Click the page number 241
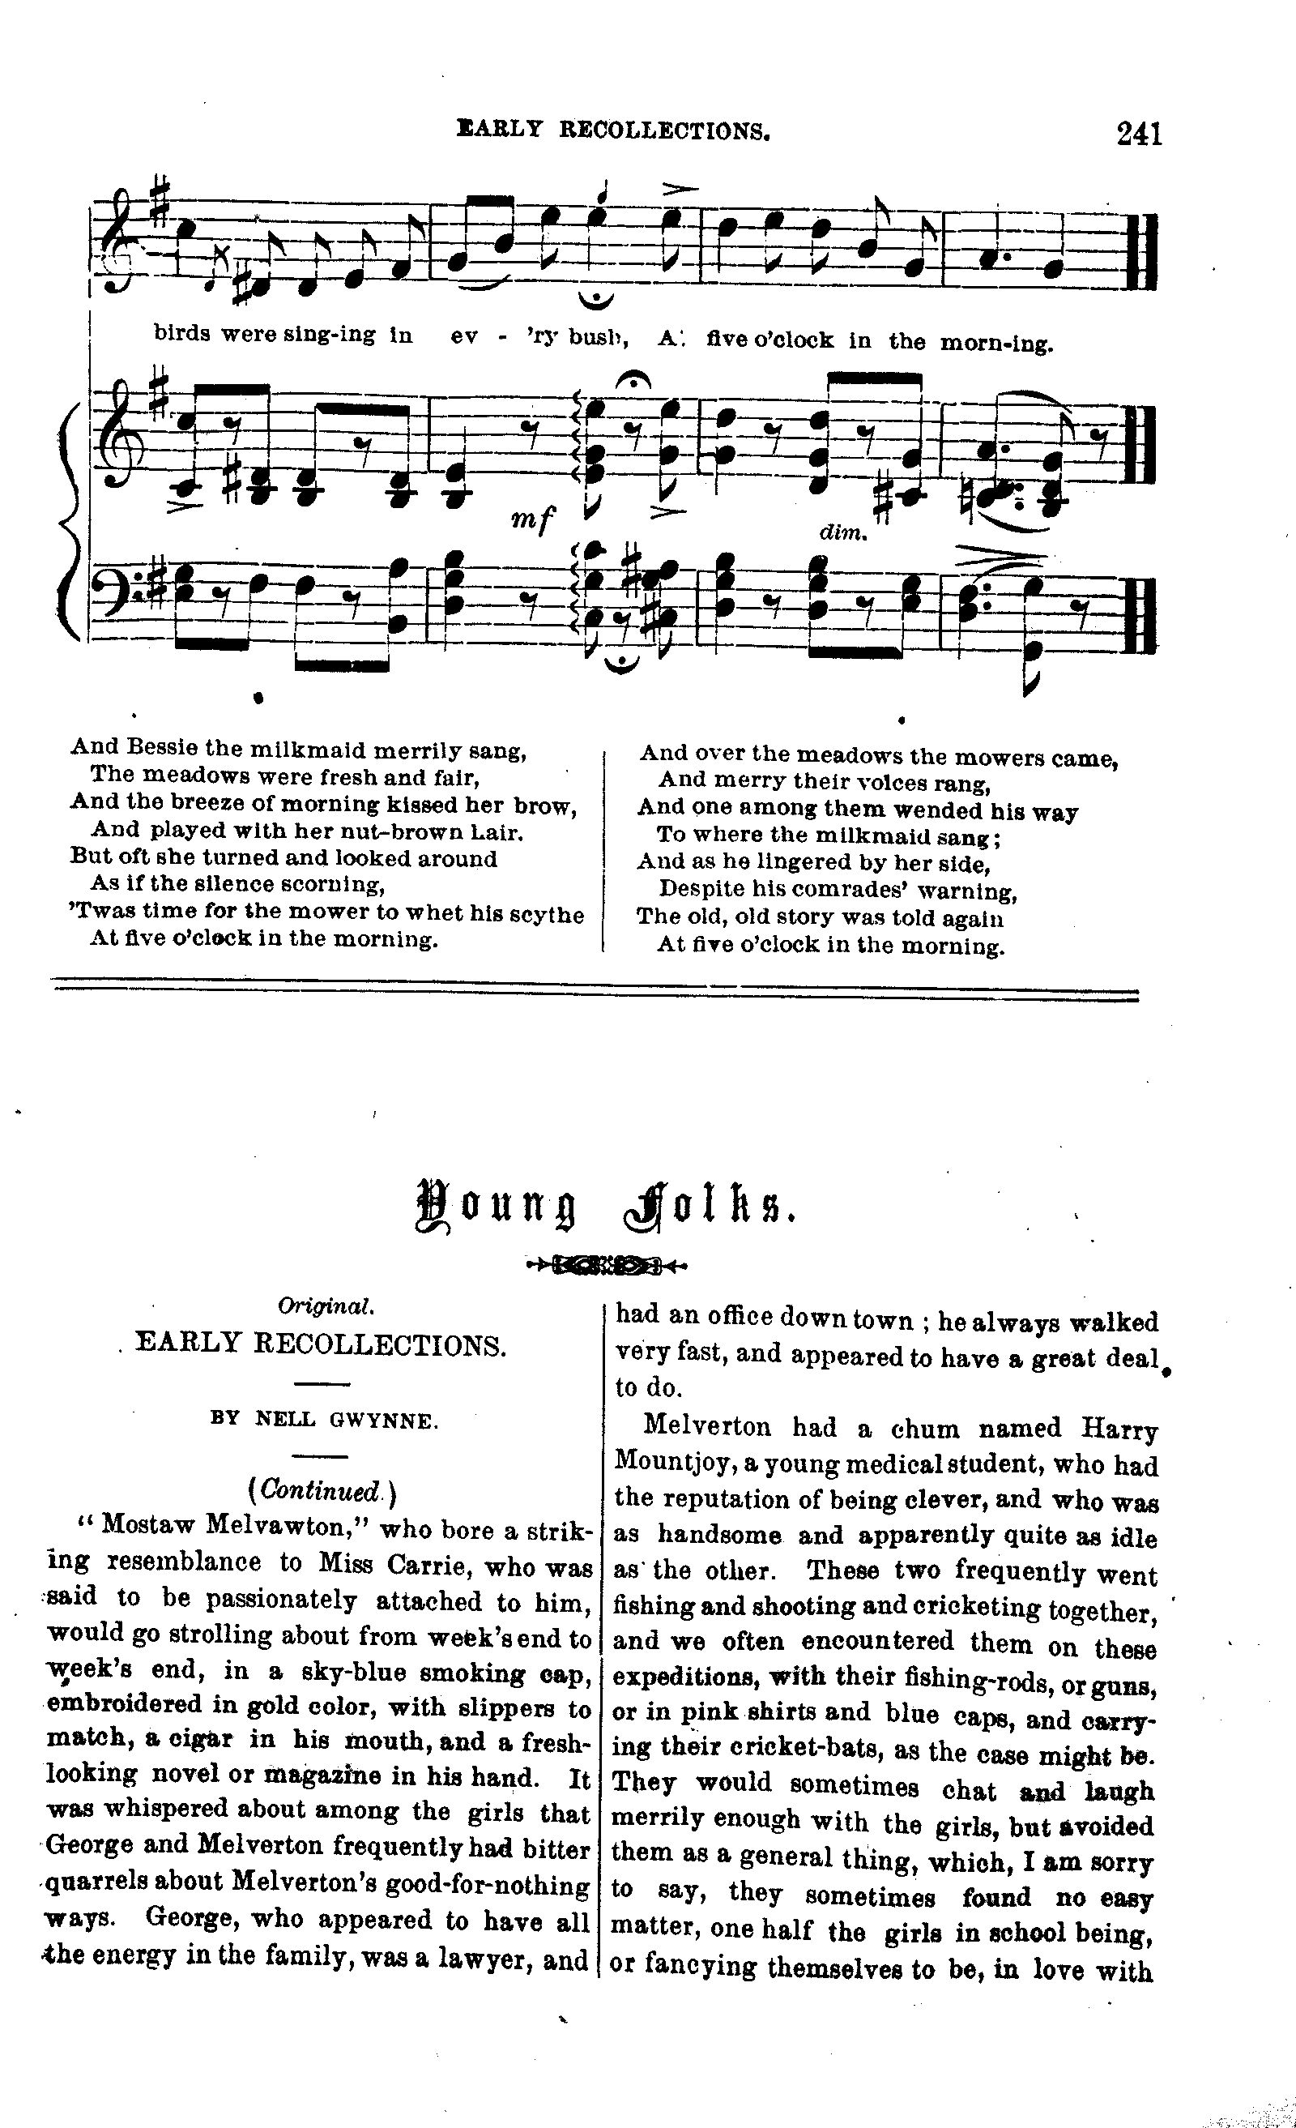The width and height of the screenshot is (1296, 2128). tap(1140, 134)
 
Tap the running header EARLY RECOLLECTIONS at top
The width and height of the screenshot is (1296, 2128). tap(613, 130)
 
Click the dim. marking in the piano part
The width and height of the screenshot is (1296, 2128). tap(842, 534)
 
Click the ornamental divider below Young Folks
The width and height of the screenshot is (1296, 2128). tap(607, 1266)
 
